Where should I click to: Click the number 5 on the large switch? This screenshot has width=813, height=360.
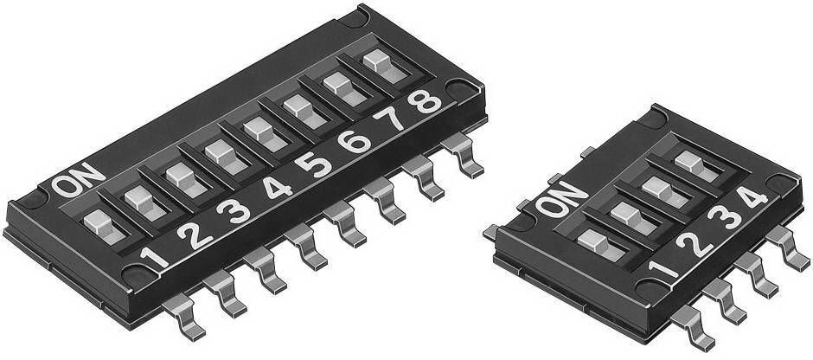pyautogui.click(x=321, y=164)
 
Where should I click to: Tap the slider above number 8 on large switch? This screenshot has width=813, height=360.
pyautogui.click(x=377, y=61)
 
